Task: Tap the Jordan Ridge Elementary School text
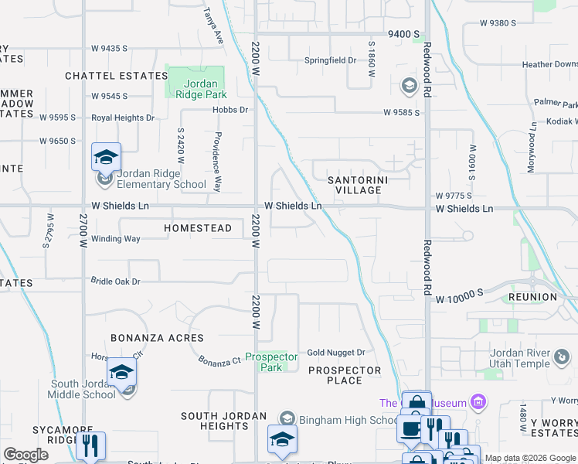click(161, 179)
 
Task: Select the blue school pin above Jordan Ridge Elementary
click(106, 157)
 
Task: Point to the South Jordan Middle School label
click(83, 389)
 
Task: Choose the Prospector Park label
click(271, 362)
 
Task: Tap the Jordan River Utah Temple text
click(520, 358)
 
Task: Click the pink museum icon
click(479, 401)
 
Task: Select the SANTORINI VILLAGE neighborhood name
click(355, 185)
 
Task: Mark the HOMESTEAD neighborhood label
click(198, 228)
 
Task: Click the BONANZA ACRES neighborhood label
click(157, 338)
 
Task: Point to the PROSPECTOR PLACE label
click(345, 375)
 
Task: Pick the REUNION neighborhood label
click(532, 297)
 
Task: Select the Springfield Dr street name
click(330, 60)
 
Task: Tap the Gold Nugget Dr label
click(335, 353)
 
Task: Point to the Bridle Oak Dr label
click(116, 281)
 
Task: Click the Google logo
click(25, 455)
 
